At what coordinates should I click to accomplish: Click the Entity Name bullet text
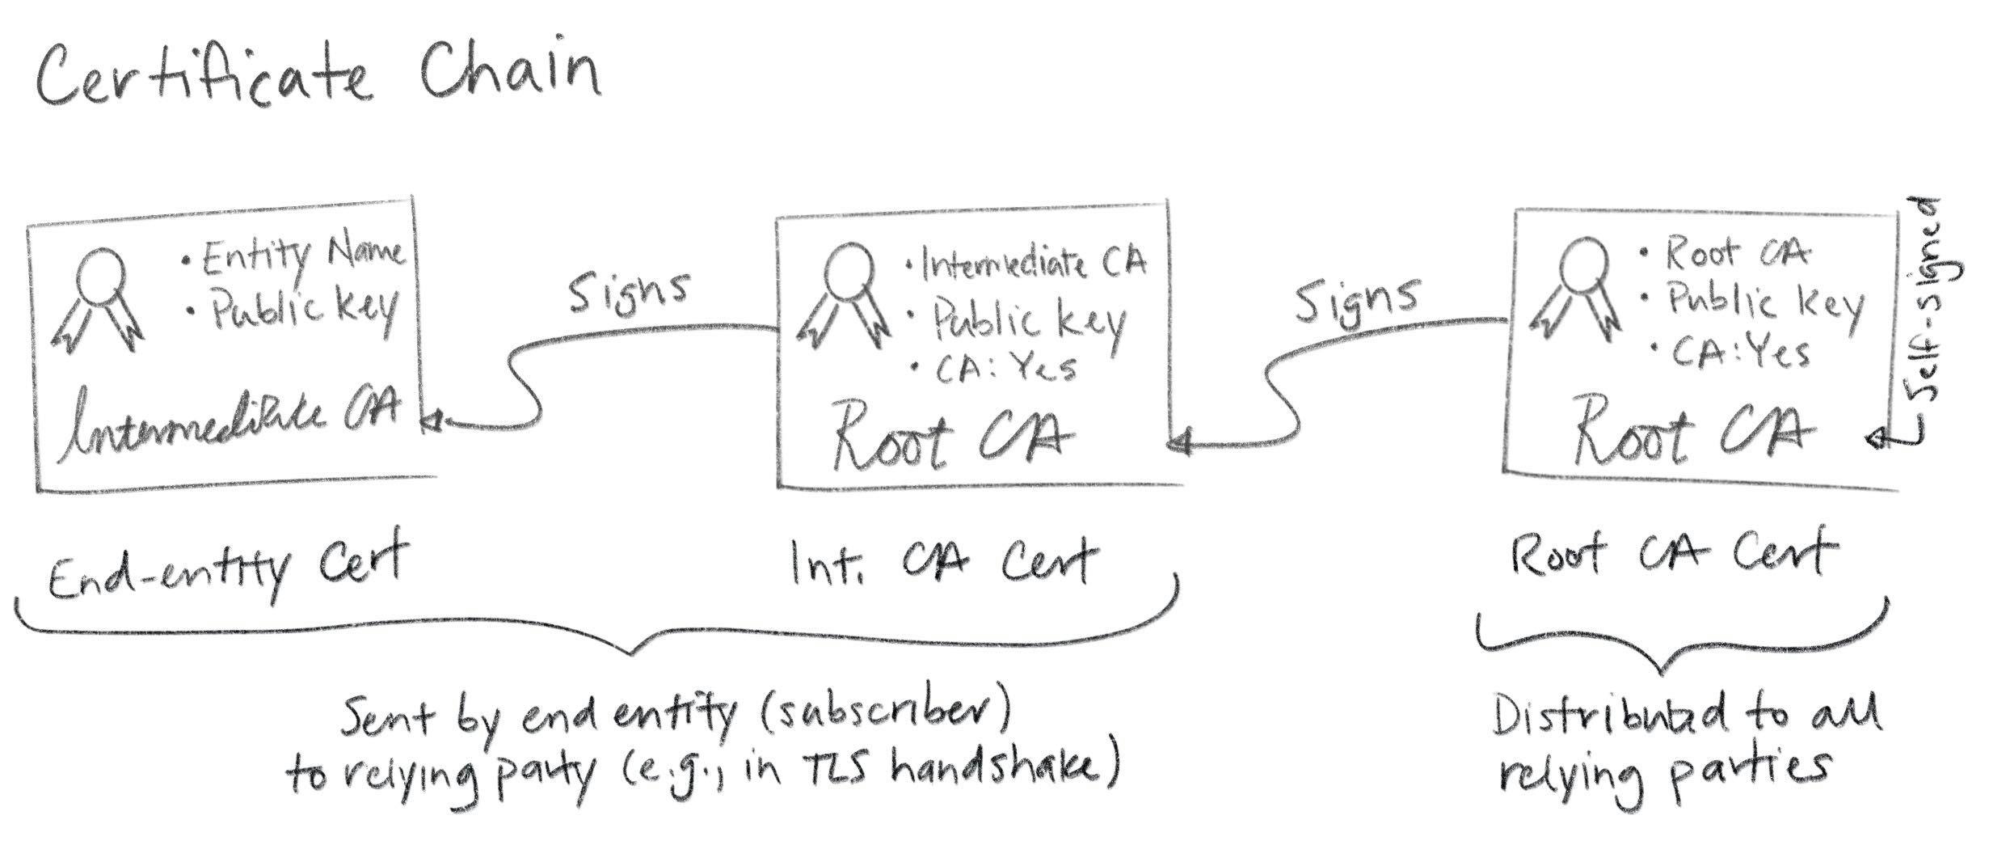click(x=295, y=256)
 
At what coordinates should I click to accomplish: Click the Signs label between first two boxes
click(x=629, y=290)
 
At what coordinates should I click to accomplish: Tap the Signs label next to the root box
click(x=1357, y=299)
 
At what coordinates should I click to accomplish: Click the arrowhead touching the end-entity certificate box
click(x=433, y=420)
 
